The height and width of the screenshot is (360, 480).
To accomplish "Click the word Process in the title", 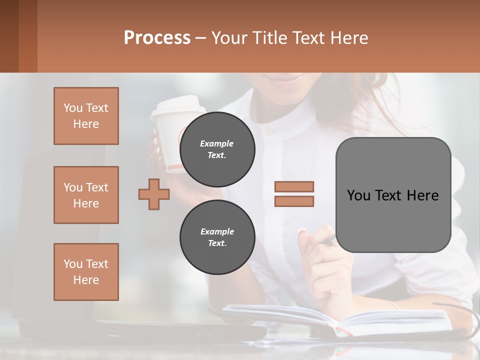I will click(x=157, y=38).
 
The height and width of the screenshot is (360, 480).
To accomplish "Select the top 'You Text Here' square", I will click(x=86, y=116).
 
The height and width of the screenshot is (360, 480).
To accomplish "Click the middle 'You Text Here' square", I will click(x=86, y=195).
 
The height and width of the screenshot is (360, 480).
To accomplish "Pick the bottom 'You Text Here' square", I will click(x=86, y=272).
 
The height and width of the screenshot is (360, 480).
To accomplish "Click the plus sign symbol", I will click(x=154, y=194).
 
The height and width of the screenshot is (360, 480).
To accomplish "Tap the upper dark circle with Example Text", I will click(x=217, y=149).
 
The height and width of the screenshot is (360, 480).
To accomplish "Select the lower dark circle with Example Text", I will click(x=217, y=237).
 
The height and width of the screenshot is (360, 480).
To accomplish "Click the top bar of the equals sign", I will click(x=294, y=186).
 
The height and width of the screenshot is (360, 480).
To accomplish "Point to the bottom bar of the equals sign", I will click(x=294, y=201).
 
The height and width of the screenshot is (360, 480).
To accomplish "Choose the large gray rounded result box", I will click(x=393, y=195).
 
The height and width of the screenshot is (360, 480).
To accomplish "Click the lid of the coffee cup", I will click(x=178, y=105).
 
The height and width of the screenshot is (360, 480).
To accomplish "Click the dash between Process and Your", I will click(x=200, y=38).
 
